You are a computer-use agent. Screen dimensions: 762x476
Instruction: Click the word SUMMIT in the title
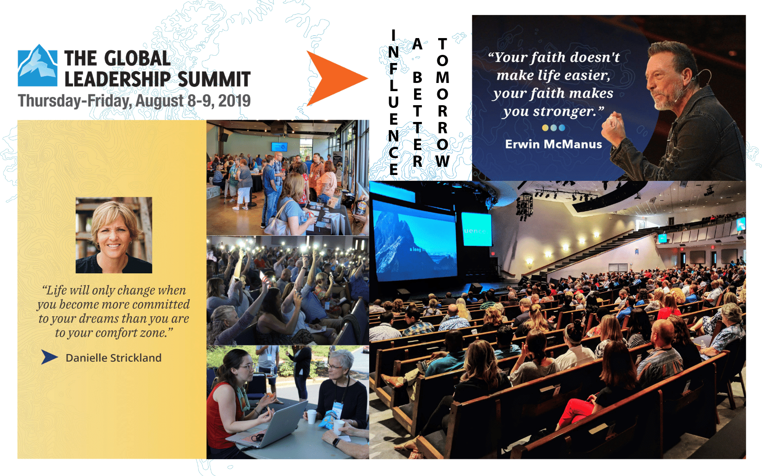pos(214,79)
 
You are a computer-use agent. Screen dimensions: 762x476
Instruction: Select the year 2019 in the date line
pos(234,101)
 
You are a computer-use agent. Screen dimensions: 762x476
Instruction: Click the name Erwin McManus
pos(553,144)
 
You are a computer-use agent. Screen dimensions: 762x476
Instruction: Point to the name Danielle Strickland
pos(113,358)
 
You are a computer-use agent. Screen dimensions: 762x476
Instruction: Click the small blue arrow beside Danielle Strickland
pos(49,357)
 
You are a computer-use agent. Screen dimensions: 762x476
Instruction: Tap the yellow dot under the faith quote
pos(545,128)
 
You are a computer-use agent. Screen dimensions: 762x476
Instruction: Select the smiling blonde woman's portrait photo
pos(113,235)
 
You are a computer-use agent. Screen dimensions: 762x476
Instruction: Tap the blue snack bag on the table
pos(327,419)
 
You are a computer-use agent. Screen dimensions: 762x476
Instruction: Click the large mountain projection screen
pos(415,240)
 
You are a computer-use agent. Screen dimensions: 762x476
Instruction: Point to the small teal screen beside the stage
pos(476,229)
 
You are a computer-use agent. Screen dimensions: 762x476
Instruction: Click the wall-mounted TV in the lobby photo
pos(279,147)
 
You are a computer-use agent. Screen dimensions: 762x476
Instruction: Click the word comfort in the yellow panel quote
pos(117,333)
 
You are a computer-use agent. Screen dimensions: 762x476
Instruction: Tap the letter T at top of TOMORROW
pos(442,44)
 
